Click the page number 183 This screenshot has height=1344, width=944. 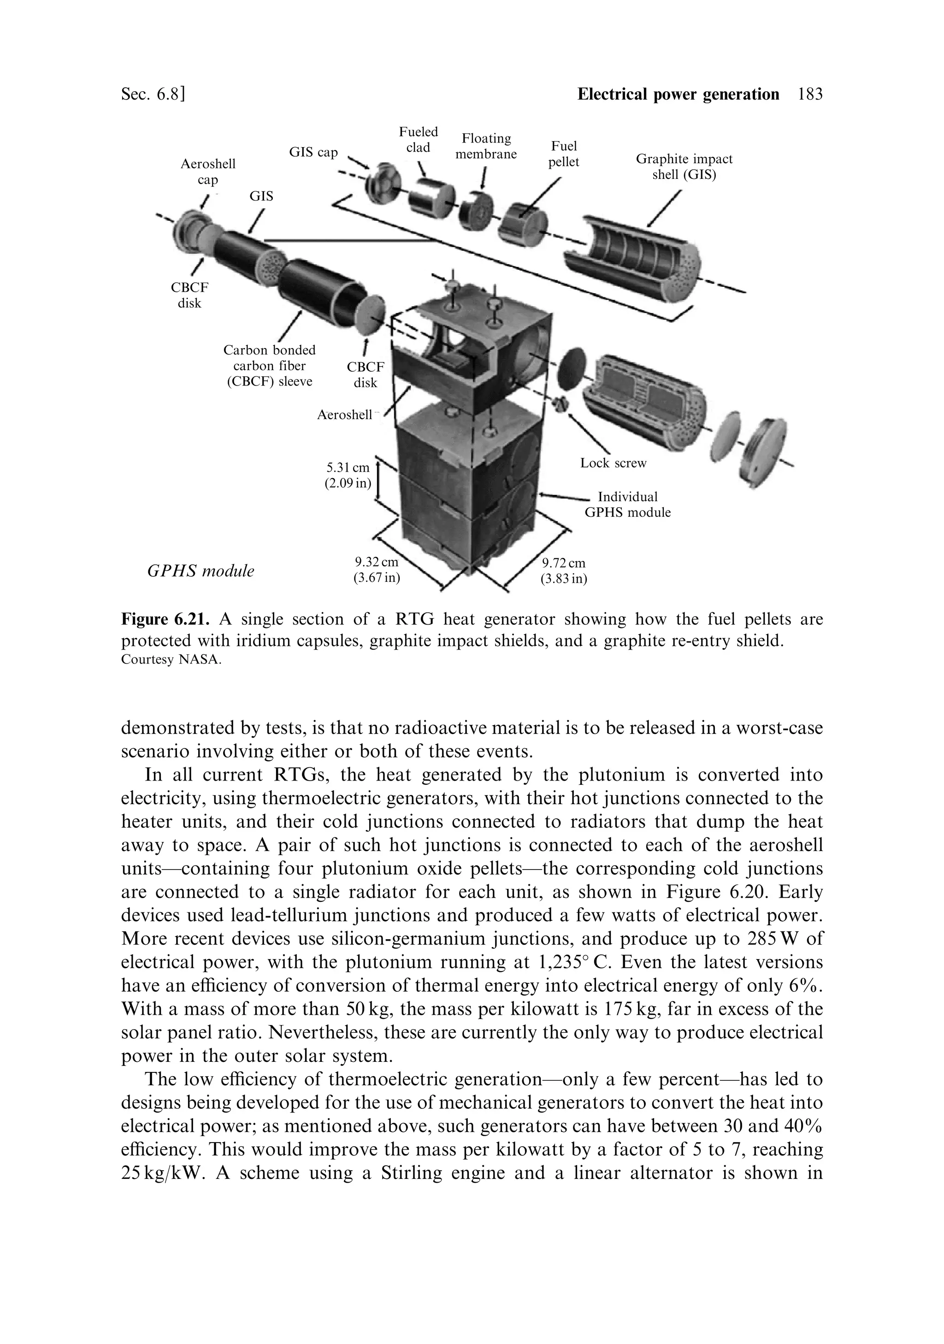click(x=810, y=94)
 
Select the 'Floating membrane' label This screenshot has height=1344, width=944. click(x=486, y=146)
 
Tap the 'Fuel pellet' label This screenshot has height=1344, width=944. click(x=564, y=154)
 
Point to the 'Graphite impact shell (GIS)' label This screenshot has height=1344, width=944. click(x=684, y=167)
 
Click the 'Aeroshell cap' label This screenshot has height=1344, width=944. click(x=208, y=172)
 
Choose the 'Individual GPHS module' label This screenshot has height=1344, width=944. click(x=627, y=504)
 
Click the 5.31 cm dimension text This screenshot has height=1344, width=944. click(x=348, y=475)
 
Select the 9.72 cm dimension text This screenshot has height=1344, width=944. click(x=563, y=571)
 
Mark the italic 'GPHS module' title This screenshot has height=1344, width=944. click(x=201, y=571)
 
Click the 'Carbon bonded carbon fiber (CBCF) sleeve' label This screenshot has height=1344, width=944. click(x=269, y=366)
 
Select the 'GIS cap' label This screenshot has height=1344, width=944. click(x=313, y=152)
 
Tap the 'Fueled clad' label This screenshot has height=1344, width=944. click(x=418, y=139)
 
